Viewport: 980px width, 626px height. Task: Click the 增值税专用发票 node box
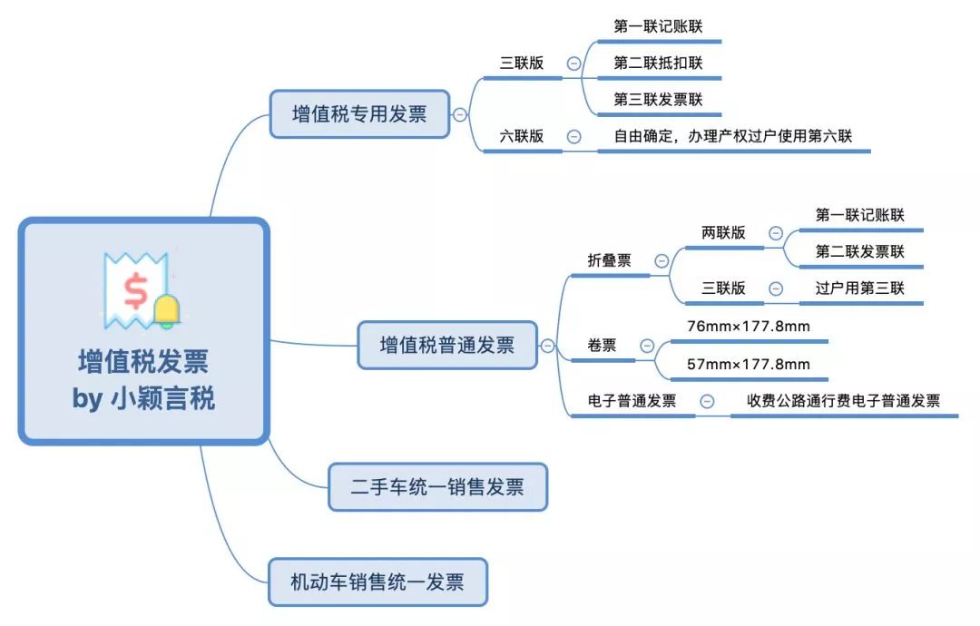359,113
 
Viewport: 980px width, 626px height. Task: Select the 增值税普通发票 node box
446,345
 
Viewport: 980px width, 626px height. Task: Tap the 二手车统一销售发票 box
437,486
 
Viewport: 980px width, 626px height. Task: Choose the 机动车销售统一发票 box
377,582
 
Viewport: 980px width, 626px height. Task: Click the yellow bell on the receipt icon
167,310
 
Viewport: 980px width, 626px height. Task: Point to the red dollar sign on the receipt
135,291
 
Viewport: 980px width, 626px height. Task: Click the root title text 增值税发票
143,362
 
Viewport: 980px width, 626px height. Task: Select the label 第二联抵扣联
658,63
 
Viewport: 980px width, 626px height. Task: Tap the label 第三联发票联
658,99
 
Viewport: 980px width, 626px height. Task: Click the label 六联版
522,135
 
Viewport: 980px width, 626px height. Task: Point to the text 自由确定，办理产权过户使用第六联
733,135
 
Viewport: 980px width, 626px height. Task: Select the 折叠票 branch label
610,259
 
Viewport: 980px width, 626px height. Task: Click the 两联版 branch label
723,232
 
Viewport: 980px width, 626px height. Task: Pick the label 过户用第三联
860,288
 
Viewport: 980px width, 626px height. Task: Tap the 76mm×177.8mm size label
748,326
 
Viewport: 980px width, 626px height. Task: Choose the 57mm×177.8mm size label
748,364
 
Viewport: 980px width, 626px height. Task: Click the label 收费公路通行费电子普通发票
843,400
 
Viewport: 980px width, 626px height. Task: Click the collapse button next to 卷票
648,346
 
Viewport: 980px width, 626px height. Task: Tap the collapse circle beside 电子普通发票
707,401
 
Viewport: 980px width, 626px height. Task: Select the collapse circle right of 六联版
573,136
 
